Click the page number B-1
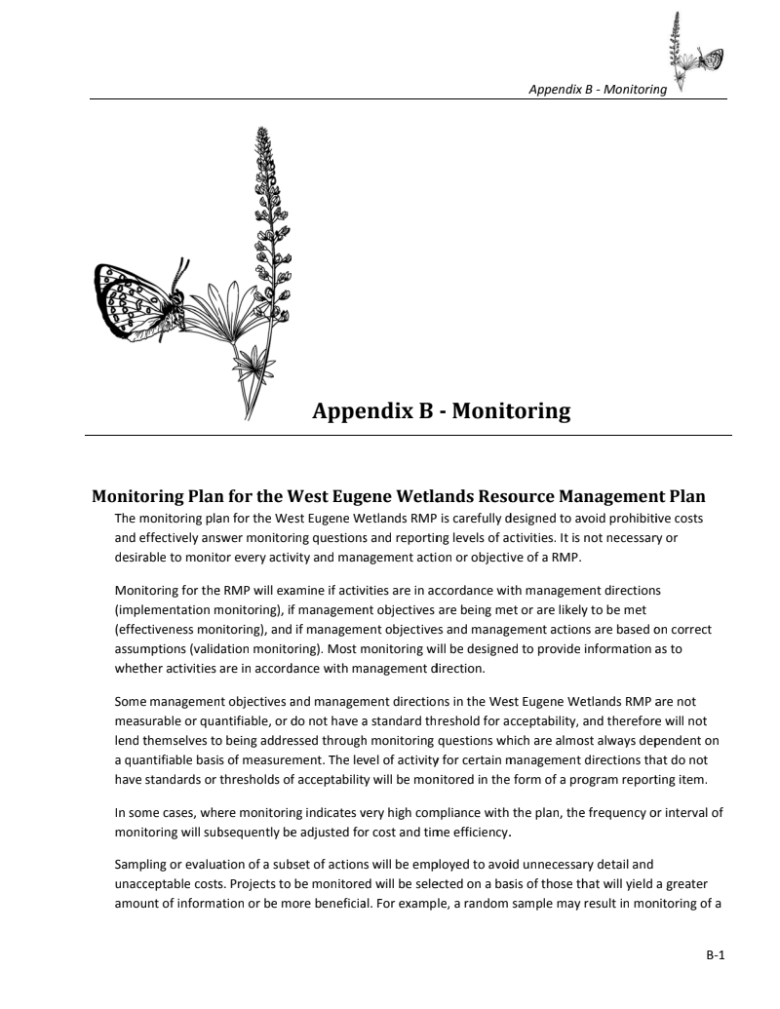[717, 956]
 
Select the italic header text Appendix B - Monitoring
[597, 90]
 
